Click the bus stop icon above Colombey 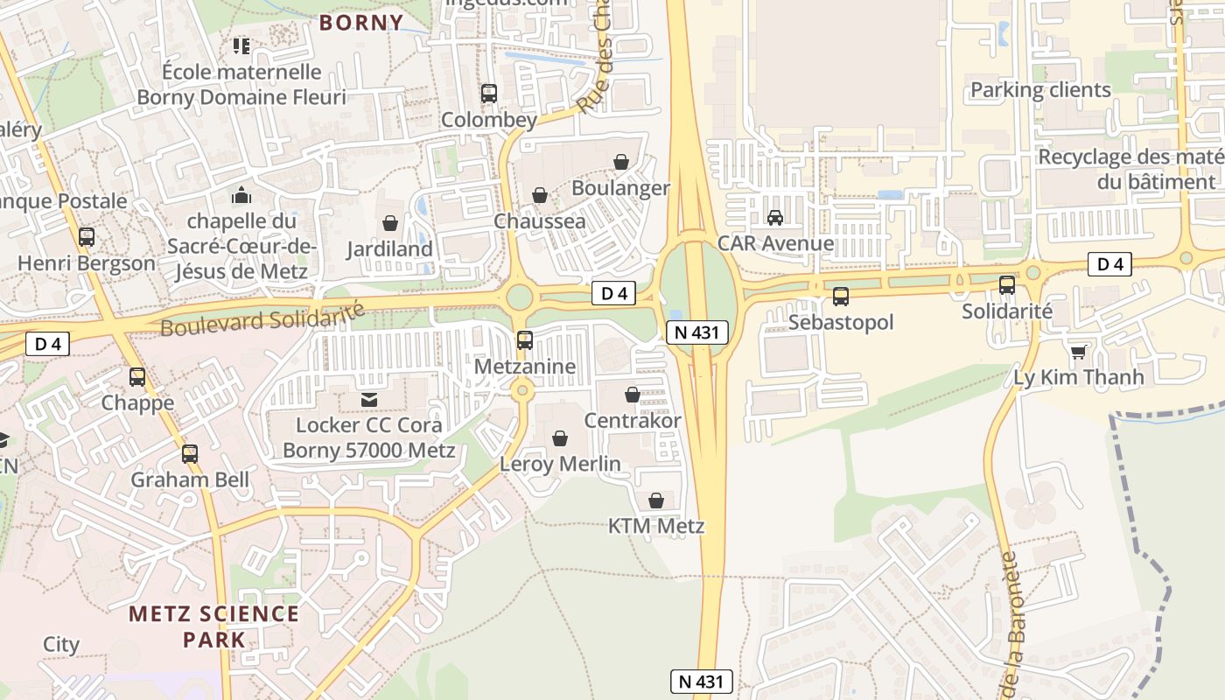tap(489, 93)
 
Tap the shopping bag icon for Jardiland tap(390, 223)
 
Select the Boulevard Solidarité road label tap(262, 318)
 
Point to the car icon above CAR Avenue tap(774, 217)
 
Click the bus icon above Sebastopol tap(841, 296)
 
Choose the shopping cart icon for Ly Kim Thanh tap(1078, 352)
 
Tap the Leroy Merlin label tap(560, 464)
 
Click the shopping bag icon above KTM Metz tap(656, 500)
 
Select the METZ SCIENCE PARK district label tap(214, 626)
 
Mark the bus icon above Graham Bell tap(190, 453)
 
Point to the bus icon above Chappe tap(137, 377)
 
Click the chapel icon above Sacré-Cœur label tap(241, 195)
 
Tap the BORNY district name tap(361, 22)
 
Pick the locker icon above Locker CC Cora tap(368, 400)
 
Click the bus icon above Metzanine tap(525, 340)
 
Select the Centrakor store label tap(633, 421)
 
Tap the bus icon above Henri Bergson tap(86, 236)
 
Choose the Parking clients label tap(1040, 90)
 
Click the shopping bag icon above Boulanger tap(621, 162)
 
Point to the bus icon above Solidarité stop tap(1007, 284)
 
